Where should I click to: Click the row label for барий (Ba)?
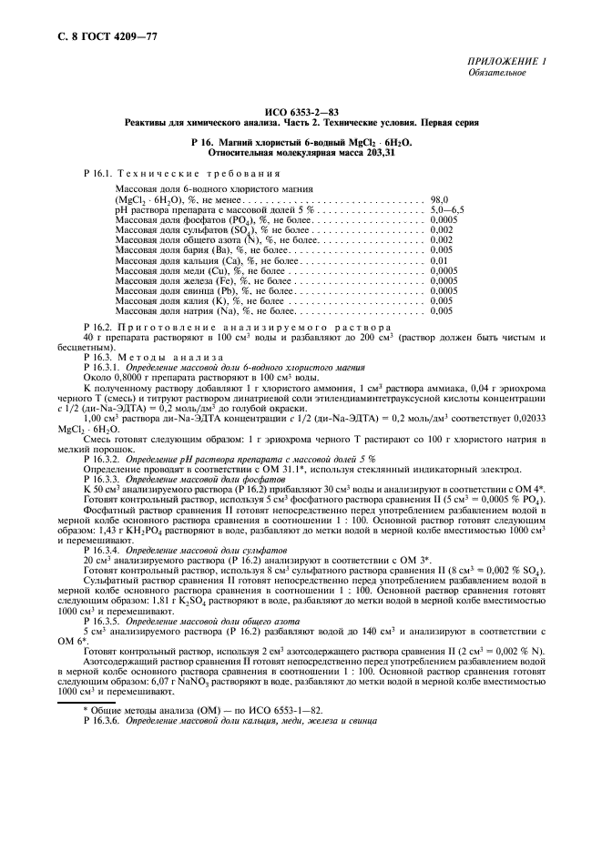click(x=176, y=249)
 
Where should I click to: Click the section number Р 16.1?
click(x=97, y=172)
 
